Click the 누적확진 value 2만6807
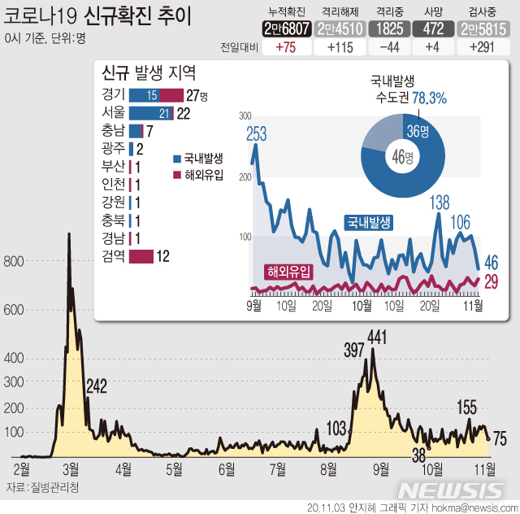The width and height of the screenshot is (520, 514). (287, 28)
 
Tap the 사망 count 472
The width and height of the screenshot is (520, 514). (427, 28)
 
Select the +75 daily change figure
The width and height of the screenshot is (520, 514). (287, 47)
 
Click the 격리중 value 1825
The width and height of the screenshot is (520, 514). (385, 28)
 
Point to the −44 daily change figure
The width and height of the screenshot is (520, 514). (385, 47)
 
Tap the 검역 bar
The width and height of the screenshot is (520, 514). (141, 257)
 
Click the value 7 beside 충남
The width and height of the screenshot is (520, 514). (150, 131)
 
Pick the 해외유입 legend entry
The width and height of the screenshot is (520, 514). (202, 175)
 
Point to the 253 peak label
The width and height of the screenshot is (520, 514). (256, 135)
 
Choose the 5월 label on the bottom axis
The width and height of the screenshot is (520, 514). (174, 468)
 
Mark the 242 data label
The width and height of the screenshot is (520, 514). (97, 386)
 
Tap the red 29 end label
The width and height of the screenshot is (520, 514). (492, 281)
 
